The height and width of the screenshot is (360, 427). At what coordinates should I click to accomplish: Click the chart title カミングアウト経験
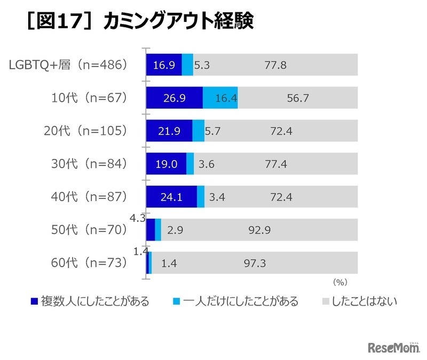(x=179, y=22)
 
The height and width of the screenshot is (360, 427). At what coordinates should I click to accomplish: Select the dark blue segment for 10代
(x=174, y=98)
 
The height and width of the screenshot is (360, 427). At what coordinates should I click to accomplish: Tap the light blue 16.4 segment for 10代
(x=220, y=98)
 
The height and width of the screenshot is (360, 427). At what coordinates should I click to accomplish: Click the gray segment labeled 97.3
(x=255, y=263)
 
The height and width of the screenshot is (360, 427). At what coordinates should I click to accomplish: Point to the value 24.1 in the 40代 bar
(x=171, y=197)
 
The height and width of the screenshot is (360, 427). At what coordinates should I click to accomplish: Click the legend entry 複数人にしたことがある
(x=90, y=301)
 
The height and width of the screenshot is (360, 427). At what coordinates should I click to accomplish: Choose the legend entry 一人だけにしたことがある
(x=235, y=301)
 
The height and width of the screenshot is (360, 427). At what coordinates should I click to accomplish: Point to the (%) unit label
(x=340, y=281)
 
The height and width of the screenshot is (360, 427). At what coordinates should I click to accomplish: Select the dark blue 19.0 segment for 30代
(x=166, y=164)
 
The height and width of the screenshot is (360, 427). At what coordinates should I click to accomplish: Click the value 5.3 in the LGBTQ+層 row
(x=202, y=65)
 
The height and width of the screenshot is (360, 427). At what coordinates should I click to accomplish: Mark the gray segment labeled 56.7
(x=297, y=98)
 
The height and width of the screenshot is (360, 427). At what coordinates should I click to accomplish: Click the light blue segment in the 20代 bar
(x=198, y=131)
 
